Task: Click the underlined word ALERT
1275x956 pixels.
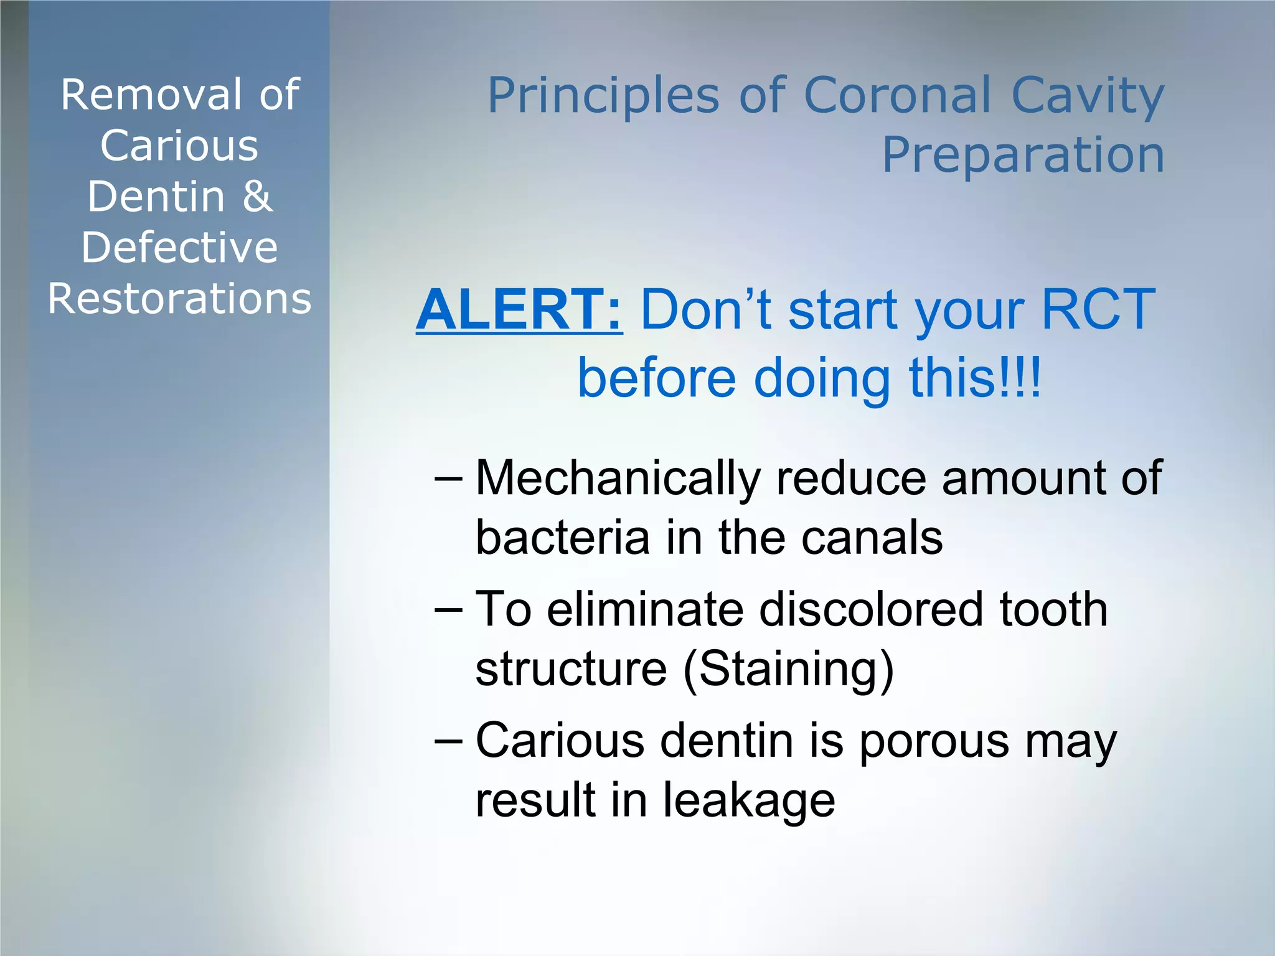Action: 519,309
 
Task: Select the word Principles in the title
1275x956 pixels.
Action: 603,97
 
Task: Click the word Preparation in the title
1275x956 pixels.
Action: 1023,155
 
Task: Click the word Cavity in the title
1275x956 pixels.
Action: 1087,97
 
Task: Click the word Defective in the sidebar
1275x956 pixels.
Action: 179,248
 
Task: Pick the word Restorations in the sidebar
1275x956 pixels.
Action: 179,299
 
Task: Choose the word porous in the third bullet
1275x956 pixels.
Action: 934,743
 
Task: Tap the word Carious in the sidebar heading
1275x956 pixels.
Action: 179,146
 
